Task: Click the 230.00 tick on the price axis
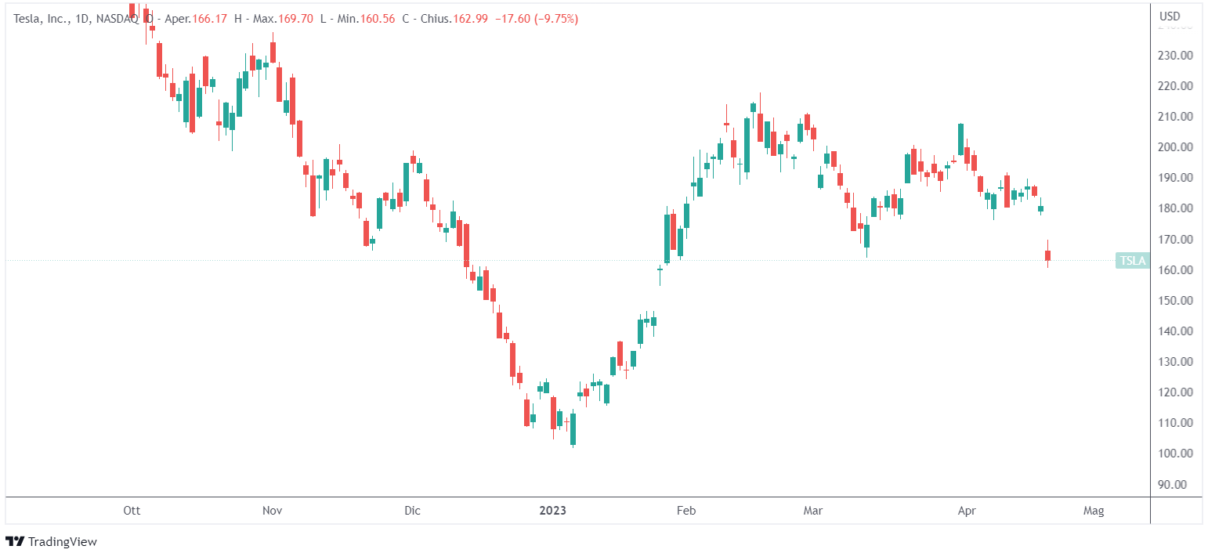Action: pyautogui.click(x=1176, y=56)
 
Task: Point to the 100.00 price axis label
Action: pyautogui.click(x=1176, y=454)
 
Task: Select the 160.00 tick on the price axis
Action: pyautogui.click(x=1176, y=270)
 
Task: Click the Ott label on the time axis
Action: pyautogui.click(x=132, y=511)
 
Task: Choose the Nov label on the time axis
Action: pyautogui.click(x=272, y=511)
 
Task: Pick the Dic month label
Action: pyautogui.click(x=412, y=511)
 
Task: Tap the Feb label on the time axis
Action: pyautogui.click(x=686, y=511)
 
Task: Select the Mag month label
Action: pyautogui.click(x=1094, y=511)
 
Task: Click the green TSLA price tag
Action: pyautogui.click(x=1133, y=261)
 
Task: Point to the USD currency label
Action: pyautogui.click(x=1170, y=16)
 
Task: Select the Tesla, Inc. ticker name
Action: pyautogui.click(x=38, y=18)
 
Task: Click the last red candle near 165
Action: pyautogui.click(x=1047, y=255)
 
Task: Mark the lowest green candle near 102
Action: pyautogui.click(x=573, y=428)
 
